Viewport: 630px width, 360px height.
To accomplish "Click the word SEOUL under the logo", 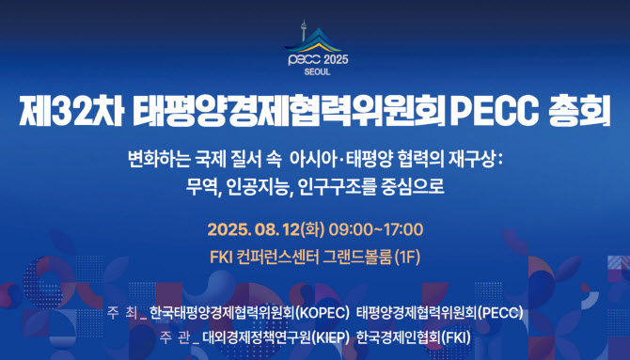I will click(315, 71).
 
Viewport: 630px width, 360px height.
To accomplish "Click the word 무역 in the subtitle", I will click(204, 185).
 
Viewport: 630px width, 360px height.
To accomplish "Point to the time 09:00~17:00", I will click(377, 228).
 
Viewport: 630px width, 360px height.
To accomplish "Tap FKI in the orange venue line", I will click(222, 256).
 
